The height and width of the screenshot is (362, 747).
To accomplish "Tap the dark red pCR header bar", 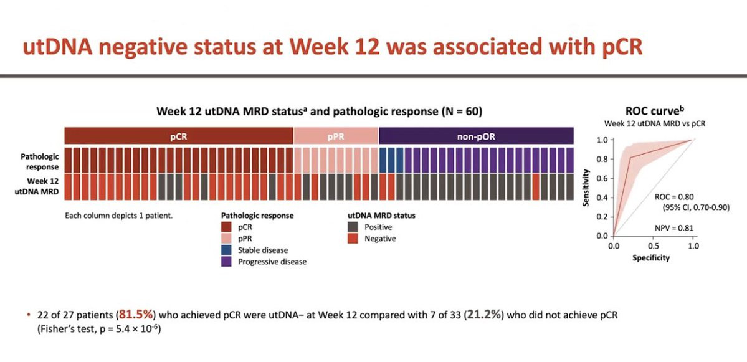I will [x=178, y=136].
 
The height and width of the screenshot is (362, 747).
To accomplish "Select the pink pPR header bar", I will [x=335, y=136].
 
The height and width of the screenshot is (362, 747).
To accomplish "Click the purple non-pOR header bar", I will [x=475, y=136].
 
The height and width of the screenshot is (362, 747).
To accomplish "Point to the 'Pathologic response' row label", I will [x=40, y=161].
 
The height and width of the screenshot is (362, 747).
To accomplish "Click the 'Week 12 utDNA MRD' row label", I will [x=40, y=187].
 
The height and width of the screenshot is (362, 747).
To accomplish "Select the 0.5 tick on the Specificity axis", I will [x=653, y=247].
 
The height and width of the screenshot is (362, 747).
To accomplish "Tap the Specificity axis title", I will [x=652, y=257].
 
